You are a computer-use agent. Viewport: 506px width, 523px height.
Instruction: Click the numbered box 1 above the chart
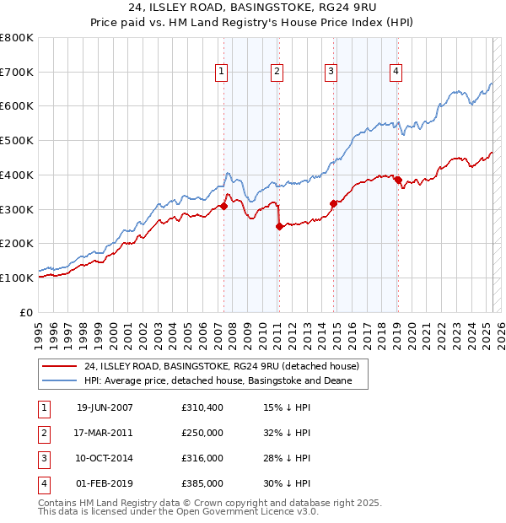click(x=221, y=73)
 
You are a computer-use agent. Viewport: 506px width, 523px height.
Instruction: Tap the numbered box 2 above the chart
click(x=277, y=73)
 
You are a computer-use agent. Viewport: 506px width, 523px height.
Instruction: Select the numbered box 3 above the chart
click(x=331, y=73)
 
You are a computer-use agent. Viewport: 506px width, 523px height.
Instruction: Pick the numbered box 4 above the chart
click(x=396, y=73)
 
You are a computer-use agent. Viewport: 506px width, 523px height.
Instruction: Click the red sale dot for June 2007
click(x=223, y=206)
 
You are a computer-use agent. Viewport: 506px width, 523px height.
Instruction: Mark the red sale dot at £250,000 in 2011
click(x=279, y=226)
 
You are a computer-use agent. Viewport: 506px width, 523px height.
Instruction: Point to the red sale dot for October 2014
click(x=333, y=203)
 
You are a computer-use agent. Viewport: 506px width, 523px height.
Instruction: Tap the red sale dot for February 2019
click(x=397, y=180)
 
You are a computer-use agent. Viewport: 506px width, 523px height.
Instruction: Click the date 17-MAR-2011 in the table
click(x=105, y=433)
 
